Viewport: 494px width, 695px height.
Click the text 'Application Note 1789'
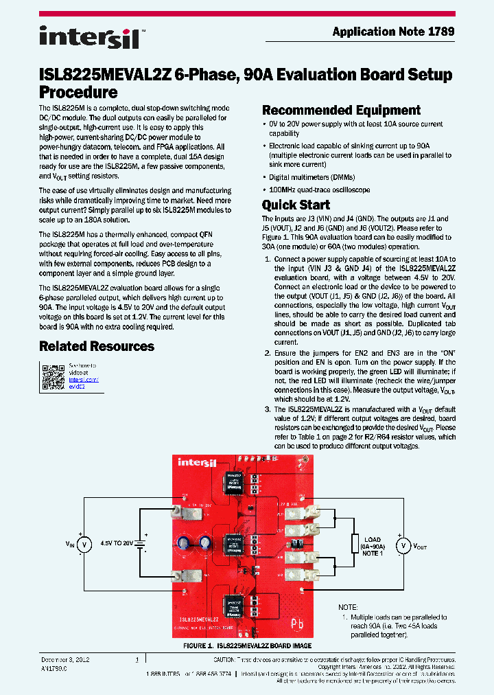point(393,32)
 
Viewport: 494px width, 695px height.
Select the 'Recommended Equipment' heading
point(341,111)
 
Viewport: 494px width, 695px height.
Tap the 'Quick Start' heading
point(296,205)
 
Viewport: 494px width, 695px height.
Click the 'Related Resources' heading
point(97,346)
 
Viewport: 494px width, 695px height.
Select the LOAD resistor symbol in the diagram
point(355,545)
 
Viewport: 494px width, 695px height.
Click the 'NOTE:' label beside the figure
point(349,607)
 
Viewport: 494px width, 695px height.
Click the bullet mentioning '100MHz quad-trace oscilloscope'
point(319,190)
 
